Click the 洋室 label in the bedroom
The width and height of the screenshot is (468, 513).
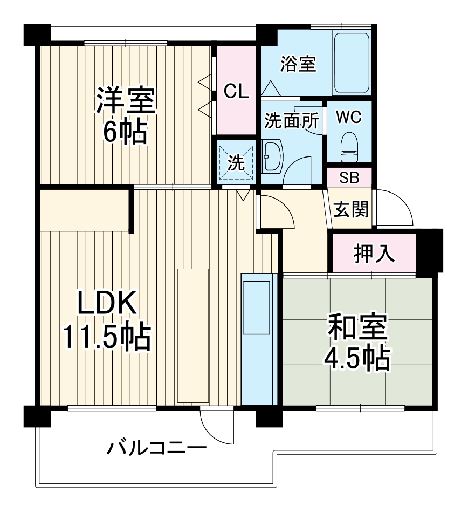(126, 100)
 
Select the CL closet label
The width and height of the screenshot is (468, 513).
(237, 92)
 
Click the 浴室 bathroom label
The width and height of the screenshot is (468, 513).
(298, 64)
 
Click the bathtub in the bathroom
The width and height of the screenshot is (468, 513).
(352, 63)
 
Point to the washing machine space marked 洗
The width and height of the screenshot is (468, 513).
(236, 162)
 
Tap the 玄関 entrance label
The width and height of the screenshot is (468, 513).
(351, 209)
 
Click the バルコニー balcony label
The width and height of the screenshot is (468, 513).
(156, 448)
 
